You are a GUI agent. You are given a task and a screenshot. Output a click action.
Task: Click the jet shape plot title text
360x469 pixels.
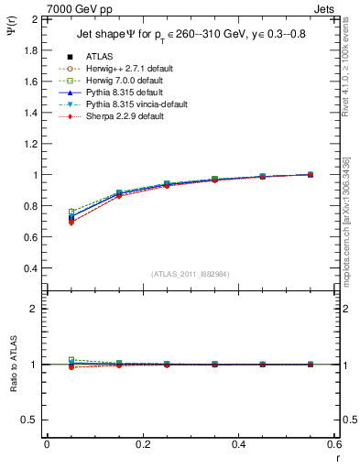189,35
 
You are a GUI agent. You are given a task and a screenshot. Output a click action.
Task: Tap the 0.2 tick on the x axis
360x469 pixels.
142,443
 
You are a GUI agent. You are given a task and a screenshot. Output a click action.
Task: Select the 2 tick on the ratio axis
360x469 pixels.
34,309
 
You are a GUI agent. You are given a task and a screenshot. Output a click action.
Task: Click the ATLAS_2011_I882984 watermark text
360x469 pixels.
190,274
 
